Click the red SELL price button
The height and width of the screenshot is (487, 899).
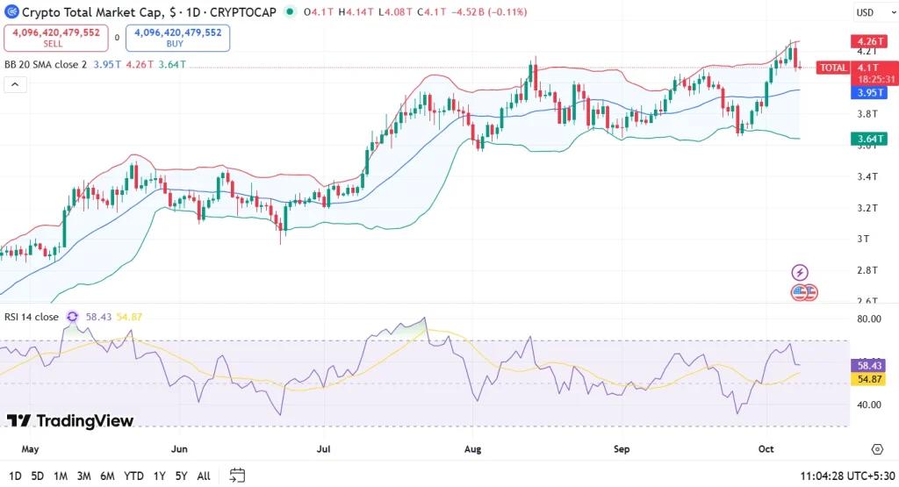(54, 38)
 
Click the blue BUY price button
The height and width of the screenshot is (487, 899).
(178, 38)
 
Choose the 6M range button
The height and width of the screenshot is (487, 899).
(107, 476)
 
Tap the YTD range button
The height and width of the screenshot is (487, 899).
(134, 476)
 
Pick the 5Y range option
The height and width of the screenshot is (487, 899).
(180, 476)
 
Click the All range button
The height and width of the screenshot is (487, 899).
(204, 476)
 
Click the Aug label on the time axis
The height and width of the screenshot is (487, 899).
(472, 449)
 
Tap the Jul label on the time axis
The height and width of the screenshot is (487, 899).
(324, 449)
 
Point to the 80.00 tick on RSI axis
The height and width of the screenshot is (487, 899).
(868, 319)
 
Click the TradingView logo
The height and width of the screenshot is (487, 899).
(70, 421)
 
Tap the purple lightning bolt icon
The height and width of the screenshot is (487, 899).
(800, 272)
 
